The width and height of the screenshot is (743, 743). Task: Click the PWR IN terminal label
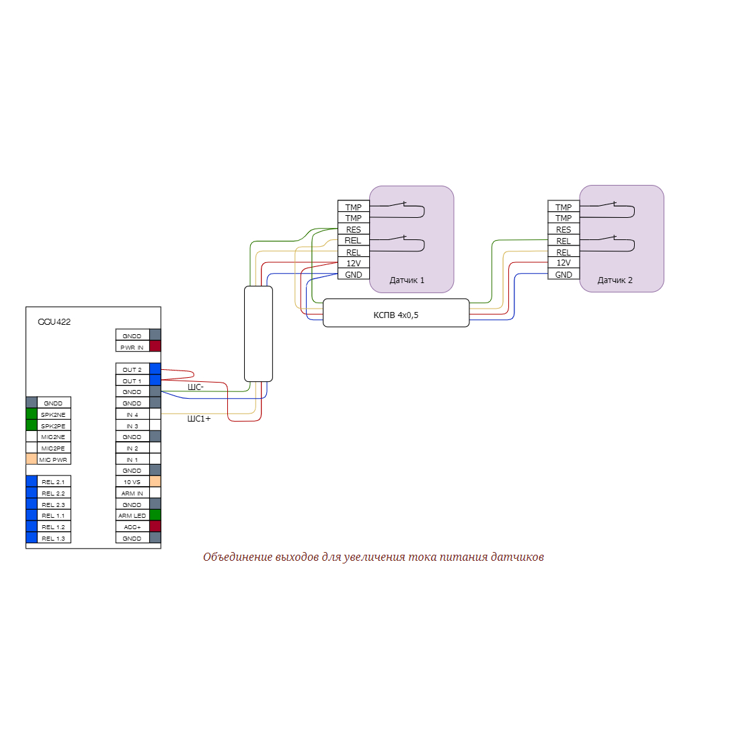132,347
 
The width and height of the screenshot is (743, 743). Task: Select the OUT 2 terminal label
132,369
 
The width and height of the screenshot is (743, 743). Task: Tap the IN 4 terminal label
132,415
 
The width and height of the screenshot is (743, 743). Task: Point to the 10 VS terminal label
132,482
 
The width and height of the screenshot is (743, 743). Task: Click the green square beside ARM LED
155,515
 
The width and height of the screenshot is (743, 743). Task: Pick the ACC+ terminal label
132,527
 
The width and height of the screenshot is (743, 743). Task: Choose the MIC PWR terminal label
53,460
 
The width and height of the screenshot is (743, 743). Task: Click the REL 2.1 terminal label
53,482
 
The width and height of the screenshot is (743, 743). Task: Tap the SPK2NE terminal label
53,415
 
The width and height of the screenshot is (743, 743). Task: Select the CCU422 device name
54,322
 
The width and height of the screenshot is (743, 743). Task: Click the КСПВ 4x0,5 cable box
396,314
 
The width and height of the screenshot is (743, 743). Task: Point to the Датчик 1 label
407,280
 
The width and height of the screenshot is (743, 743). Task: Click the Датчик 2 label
615,280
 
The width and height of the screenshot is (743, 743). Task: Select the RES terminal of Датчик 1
354,229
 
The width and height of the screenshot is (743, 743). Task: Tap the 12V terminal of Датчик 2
563,263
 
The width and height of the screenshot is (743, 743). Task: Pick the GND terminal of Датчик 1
354,274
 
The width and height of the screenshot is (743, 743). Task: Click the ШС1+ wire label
198,419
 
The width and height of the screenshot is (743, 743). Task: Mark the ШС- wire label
195,387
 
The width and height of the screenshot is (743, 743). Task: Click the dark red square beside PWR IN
155,346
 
